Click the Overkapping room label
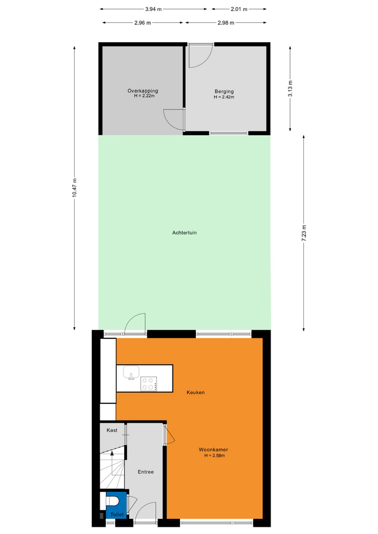point(143,91)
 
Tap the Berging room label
point(224,91)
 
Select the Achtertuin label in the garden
point(184,233)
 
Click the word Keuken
point(195,392)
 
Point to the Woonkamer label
point(213,449)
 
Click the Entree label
point(145,472)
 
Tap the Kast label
point(112,431)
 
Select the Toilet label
point(117,515)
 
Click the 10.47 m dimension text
point(74,187)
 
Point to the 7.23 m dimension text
point(304,233)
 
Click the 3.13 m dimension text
point(290,88)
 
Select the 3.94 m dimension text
point(154,9)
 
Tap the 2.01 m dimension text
point(239,9)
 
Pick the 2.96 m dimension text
point(143,23)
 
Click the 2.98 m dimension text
point(226,23)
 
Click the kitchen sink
point(131,373)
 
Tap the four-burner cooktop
point(149,384)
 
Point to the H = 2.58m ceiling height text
point(214,456)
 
